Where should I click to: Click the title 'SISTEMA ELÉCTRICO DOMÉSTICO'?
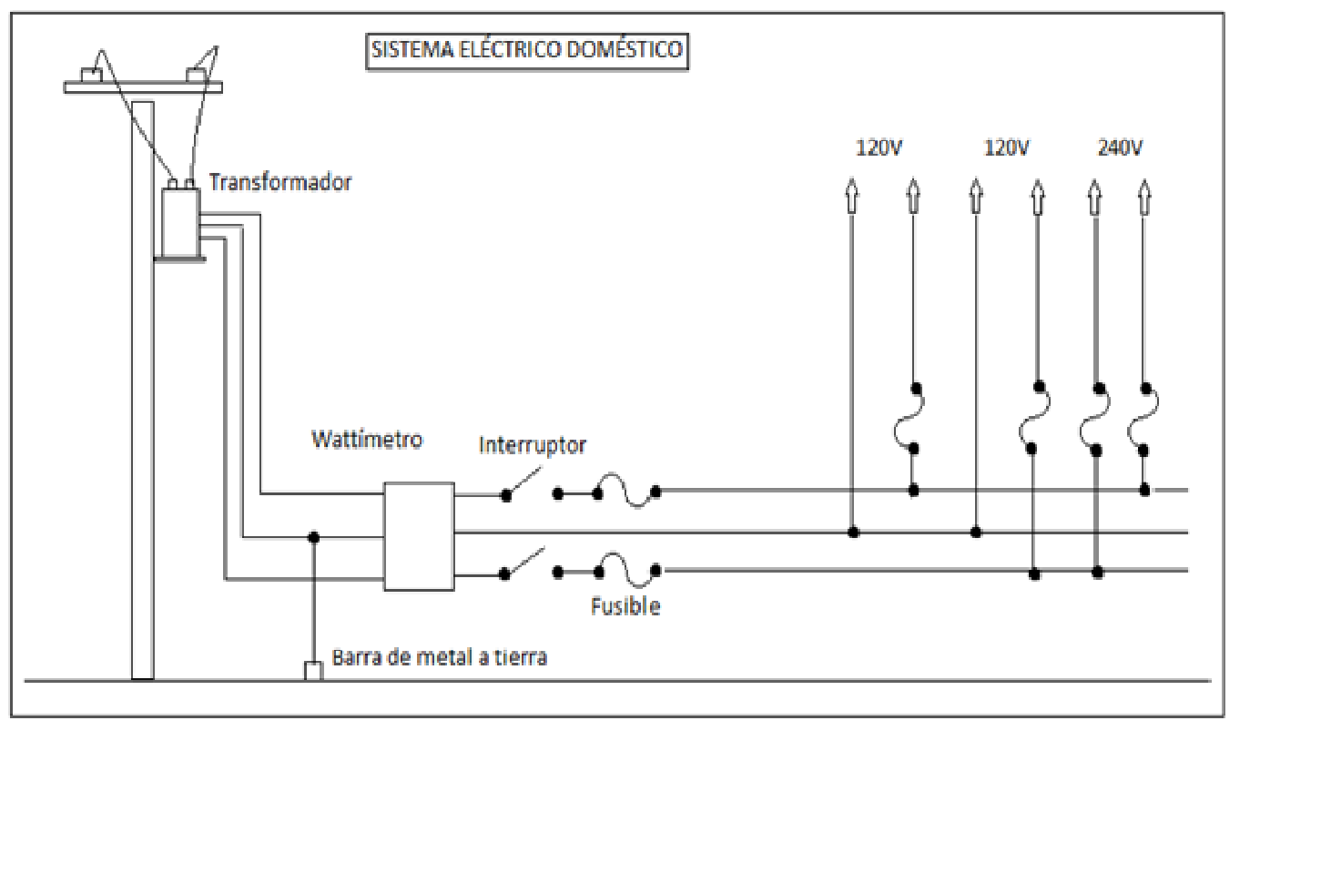point(527,50)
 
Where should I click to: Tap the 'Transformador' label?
point(279,182)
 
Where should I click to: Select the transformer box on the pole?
point(180,223)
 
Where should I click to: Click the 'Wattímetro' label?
point(367,440)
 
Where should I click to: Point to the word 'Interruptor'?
point(532,445)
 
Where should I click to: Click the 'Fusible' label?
point(625,606)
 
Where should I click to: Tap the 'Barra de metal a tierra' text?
point(439,657)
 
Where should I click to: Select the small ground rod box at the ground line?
point(313,671)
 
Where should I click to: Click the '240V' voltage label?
point(1120,147)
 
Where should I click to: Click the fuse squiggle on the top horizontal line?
point(627,491)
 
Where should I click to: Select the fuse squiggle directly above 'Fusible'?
point(627,571)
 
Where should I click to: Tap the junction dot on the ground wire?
point(314,538)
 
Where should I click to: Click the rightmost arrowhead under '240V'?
point(1144,197)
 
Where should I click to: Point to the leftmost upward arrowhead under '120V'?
point(851,196)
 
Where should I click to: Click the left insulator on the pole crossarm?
point(92,75)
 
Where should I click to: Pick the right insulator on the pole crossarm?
point(196,75)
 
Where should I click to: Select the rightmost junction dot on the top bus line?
point(1144,491)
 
